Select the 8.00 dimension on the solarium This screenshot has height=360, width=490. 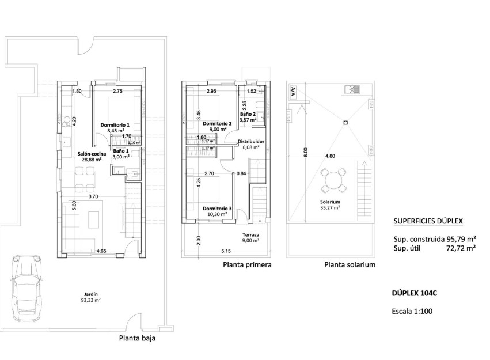(306, 152)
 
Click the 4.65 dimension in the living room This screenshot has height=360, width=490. (101, 251)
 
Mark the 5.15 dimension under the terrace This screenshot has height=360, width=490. (225, 251)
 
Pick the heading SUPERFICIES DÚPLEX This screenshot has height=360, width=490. (428, 221)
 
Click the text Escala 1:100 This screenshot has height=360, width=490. (412, 311)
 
